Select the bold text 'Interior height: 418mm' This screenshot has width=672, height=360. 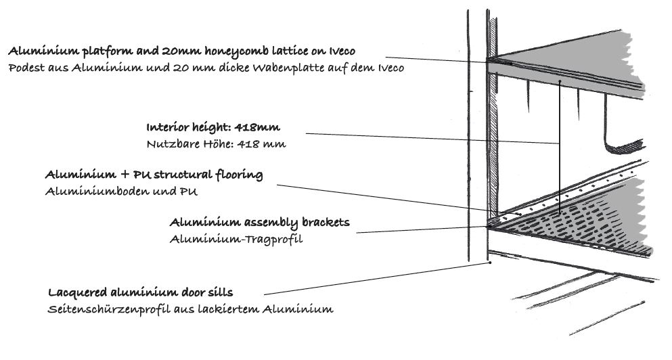coord(213,127)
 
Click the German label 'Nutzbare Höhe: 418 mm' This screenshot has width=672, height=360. coord(216,144)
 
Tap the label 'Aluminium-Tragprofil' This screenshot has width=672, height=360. coord(236,239)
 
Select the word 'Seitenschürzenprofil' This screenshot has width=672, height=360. coord(109,309)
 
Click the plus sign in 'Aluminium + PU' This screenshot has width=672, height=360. coord(125,175)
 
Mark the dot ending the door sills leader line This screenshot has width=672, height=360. coord(490,263)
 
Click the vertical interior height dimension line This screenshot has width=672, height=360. coord(559,146)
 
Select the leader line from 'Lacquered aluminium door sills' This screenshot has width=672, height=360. coord(376,279)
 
